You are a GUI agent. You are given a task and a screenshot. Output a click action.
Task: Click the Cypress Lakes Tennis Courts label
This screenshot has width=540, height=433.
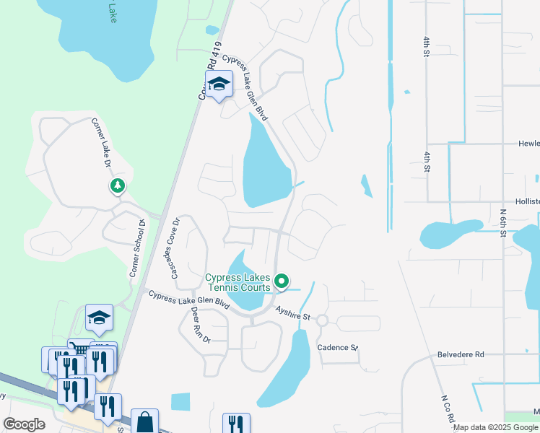[x=238, y=282]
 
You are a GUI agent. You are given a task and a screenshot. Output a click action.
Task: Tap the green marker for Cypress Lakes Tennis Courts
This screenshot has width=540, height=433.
[x=283, y=281]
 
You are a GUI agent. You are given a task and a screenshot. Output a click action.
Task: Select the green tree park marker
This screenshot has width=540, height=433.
[x=117, y=186]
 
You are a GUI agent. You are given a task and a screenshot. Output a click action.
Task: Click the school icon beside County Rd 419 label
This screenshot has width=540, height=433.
[x=219, y=85]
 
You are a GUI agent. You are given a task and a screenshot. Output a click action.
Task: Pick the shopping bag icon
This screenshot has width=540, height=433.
[x=144, y=421]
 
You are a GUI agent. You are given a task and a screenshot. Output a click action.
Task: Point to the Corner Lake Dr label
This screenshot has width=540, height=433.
[x=100, y=144]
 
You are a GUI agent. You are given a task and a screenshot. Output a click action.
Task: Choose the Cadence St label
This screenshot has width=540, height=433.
[x=338, y=347]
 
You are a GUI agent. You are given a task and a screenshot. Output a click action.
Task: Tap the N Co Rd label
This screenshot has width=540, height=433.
[x=448, y=408]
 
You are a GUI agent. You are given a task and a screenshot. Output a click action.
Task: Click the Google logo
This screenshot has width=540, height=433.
[x=24, y=424]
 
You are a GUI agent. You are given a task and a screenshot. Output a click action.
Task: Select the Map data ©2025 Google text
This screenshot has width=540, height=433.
[x=496, y=427]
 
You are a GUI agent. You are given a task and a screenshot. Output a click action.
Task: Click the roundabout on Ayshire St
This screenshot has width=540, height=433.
[x=322, y=320]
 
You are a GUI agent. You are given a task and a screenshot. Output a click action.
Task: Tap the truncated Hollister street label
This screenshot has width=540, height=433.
[x=527, y=202]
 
